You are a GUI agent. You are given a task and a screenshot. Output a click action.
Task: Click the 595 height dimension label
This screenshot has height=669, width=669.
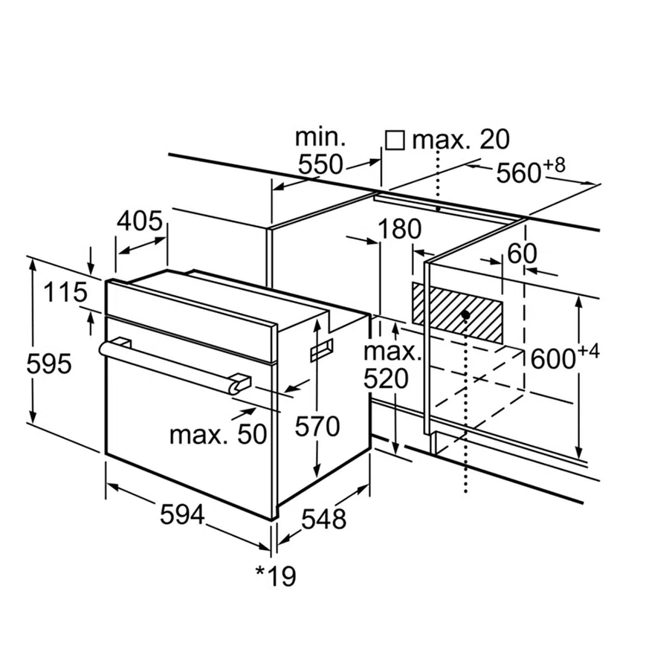(x=48, y=364)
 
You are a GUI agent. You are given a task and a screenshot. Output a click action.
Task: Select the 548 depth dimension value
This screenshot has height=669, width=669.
(x=323, y=519)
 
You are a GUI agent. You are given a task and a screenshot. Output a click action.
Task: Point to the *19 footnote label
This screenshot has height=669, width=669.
(x=275, y=575)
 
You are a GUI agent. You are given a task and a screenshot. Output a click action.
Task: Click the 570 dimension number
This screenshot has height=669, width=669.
(x=317, y=426)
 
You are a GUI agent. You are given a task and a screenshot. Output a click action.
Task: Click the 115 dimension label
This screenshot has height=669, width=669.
(x=64, y=292)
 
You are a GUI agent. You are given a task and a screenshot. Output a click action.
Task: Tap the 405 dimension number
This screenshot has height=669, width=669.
(x=140, y=221)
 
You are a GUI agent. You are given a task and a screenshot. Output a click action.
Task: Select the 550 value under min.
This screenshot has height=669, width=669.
(x=321, y=165)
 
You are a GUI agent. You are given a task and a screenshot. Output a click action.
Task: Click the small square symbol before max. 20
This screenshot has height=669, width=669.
(x=395, y=140)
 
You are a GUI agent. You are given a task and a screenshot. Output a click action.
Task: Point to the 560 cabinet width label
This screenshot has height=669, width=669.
(x=518, y=172)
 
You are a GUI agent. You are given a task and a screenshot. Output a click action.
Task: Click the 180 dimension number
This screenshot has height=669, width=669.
(x=399, y=229)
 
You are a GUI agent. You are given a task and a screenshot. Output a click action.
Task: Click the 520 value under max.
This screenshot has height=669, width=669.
(x=387, y=379)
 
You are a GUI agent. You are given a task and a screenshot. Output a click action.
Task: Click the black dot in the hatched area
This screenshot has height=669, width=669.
(x=465, y=314)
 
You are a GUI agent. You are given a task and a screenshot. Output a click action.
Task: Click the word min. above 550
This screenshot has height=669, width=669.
(x=320, y=137)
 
